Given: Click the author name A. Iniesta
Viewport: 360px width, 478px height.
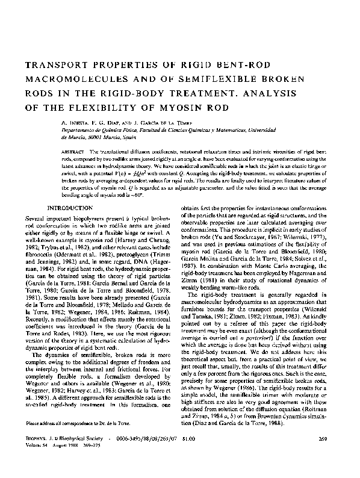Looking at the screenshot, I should pyautogui.click(x=72, y=121).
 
